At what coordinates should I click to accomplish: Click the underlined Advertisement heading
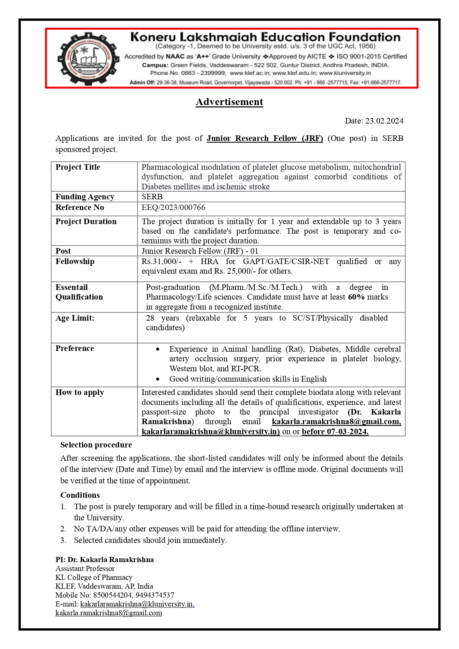tap(229, 102)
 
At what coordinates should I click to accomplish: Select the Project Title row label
tap(78, 167)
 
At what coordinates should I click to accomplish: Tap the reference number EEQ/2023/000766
tap(173, 207)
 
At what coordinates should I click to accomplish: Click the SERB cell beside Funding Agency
tap(152, 197)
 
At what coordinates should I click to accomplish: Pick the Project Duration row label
tap(86, 222)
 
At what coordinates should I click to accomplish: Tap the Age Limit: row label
tap(75, 318)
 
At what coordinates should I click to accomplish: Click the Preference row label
tap(75, 348)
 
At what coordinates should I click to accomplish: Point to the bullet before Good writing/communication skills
tap(158, 379)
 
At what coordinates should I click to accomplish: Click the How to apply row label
tap(80, 392)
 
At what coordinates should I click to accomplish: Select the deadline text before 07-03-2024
tap(335, 432)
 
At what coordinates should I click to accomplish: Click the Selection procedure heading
tap(96, 445)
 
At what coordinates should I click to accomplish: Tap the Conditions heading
tap(80, 495)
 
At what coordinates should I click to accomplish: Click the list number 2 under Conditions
tap(63, 529)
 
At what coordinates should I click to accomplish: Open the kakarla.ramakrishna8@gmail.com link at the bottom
tap(109, 613)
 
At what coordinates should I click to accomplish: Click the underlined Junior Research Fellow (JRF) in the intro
tap(265, 138)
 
